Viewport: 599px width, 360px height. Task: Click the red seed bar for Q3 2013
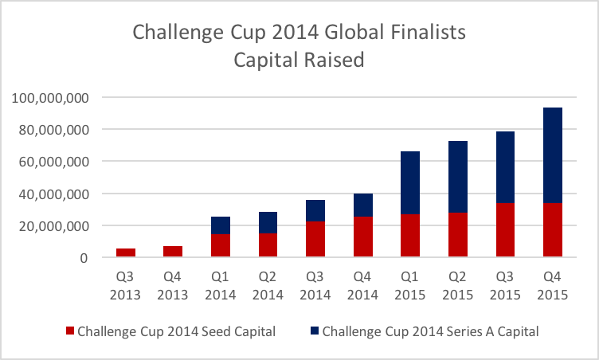(x=126, y=252)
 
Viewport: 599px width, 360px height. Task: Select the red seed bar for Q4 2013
(x=173, y=252)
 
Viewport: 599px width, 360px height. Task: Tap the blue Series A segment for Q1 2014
(x=221, y=225)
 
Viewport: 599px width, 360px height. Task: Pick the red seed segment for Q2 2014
(x=268, y=245)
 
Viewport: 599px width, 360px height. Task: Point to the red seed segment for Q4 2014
(x=362, y=237)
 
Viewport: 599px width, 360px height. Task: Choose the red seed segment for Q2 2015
(x=457, y=235)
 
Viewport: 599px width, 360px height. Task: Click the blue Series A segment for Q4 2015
(x=552, y=155)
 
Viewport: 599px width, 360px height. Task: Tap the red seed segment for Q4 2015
(x=552, y=230)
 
